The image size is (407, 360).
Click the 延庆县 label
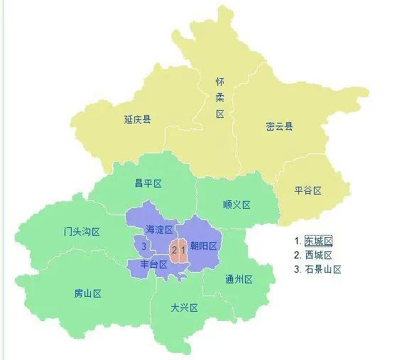[137, 119]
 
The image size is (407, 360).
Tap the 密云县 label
[279, 126]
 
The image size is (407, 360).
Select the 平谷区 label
[308, 190]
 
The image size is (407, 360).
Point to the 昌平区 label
[148, 183]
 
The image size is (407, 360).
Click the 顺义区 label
[237, 204]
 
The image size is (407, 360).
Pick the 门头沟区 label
[81, 232]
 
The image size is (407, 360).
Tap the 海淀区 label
[159, 229]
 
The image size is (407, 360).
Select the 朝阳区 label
[203, 246]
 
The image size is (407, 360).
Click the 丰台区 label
[153, 264]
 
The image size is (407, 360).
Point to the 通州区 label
[239, 279]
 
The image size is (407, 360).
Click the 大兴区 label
[184, 307]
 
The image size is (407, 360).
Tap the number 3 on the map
[143, 246]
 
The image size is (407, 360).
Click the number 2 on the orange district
[173, 249]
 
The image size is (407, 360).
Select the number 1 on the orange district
[183, 249]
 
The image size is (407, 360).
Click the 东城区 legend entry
[318, 241]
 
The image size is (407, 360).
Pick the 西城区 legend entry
[318, 255]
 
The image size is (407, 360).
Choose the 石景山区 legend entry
[323, 269]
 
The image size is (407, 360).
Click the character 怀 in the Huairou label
[220, 82]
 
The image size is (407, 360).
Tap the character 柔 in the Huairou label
[220, 97]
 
